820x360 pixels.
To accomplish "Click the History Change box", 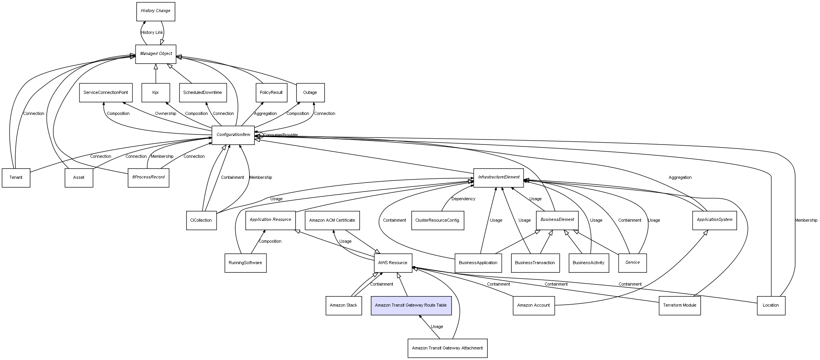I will [x=155, y=11].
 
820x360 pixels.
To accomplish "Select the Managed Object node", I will [x=156, y=54].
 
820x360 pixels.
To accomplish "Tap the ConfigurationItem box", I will [x=233, y=135].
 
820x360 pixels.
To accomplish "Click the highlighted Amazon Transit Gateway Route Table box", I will [x=411, y=305].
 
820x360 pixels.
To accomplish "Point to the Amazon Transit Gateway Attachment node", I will [x=447, y=348].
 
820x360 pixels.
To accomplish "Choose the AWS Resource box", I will [x=393, y=263].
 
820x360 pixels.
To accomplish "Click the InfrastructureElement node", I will [x=498, y=177].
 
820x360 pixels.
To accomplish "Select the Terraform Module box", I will [x=679, y=305].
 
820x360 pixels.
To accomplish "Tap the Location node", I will [x=771, y=305].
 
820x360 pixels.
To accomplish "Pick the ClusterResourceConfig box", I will [x=437, y=221].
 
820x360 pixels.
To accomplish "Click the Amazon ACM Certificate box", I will [x=332, y=221].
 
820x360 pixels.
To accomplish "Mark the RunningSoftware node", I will [x=245, y=263].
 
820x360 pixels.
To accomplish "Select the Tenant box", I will [x=16, y=178].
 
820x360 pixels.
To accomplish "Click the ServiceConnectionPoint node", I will [x=106, y=93].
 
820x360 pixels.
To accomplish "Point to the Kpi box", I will [x=155, y=93].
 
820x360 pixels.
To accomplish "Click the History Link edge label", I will [x=152, y=33].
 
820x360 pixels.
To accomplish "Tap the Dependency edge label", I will [x=463, y=199].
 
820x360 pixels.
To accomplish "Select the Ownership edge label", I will [x=166, y=114].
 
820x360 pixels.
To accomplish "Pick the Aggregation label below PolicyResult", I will [x=265, y=114].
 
